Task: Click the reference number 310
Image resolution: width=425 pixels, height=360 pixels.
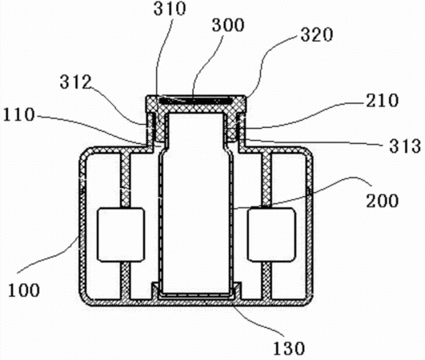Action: (x=170, y=9)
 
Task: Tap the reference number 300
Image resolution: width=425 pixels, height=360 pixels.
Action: (x=228, y=25)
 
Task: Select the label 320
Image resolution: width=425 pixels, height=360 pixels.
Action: (x=317, y=35)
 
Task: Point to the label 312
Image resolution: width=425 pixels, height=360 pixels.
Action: (x=75, y=82)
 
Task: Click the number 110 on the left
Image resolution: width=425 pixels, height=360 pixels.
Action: (x=19, y=114)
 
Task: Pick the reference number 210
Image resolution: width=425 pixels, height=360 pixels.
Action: (x=383, y=101)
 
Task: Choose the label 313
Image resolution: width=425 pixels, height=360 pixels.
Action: (x=405, y=146)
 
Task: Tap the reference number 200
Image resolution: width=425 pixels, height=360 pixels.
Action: (x=382, y=201)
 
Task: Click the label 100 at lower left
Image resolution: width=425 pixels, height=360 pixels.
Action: (x=24, y=290)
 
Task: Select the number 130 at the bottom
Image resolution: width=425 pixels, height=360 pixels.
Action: (x=289, y=348)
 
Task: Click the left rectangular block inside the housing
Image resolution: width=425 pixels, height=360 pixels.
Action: (x=121, y=234)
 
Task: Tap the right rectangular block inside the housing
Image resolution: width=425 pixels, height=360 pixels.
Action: (x=271, y=234)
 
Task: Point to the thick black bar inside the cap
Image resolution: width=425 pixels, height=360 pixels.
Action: (x=195, y=101)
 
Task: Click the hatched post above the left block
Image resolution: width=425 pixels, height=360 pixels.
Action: (x=125, y=179)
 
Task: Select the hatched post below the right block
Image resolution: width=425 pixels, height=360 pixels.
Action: (x=267, y=281)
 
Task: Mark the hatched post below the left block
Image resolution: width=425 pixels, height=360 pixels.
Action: (x=125, y=281)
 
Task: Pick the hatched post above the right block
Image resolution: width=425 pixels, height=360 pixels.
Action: (x=267, y=179)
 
